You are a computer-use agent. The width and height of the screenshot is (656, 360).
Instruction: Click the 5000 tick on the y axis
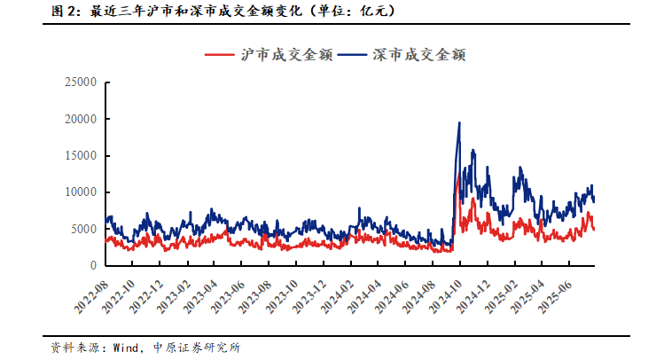click(x=82, y=229)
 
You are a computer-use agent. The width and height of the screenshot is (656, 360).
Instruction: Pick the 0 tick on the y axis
click(x=91, y=265)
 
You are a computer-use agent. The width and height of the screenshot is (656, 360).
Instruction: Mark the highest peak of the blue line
click(x=459, y=122)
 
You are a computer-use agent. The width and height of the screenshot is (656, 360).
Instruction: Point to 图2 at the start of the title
click(x=62, y=12)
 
